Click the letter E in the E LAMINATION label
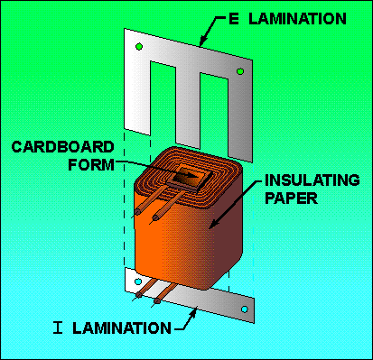[x=234, y=19]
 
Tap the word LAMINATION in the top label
[x=297, y=19]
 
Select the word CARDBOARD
[x=62, y=147]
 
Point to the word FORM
[x=91, y=164]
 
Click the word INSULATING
[x=312, y=180]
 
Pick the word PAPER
[x=291, y=198]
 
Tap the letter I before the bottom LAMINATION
[x=58, y=328]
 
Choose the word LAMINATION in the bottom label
[x=122, y=328]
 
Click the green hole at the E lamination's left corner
[x=139, y=47]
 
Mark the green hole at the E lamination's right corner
[x=240, y=71]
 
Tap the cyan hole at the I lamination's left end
[x=138, y=282]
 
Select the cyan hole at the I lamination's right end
[x=245, y=309]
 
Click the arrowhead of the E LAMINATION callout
[x=204, y=41]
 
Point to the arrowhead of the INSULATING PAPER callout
[x=214, y=223]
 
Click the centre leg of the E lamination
[x=188, y=106]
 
